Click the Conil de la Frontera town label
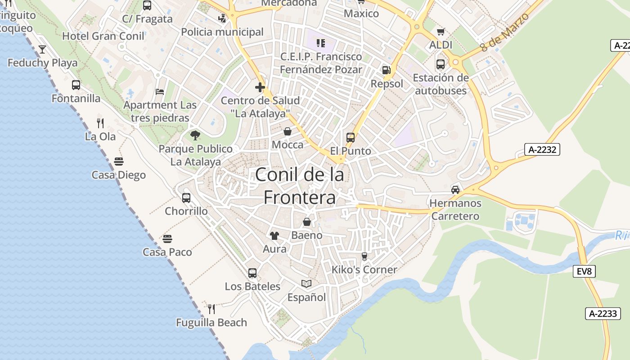(x=300, y=186)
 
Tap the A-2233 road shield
(x=603, y=314)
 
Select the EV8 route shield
(x=585, y=271)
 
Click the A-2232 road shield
(x=542, y=149)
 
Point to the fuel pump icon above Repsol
(x=386, y=70)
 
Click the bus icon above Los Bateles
(x=252, y=273)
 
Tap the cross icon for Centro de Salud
(x=260, y=87)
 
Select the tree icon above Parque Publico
(x=195, y=135)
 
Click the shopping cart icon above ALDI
(x=441, y=31)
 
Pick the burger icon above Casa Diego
(x=119, y=161)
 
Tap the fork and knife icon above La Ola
(x=100, y=122)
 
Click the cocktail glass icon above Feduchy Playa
(x=42, y=49)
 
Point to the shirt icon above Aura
(x=274, y=235)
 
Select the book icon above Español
(x=306, y=283)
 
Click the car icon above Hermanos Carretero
(x=455, y=189)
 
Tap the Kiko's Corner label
(x=364, y=270)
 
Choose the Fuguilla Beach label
(x=211, y=323)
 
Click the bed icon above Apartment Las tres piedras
(x=160, y=92)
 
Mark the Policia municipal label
(x=222, y=32)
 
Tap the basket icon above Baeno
(x=307, y=222)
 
